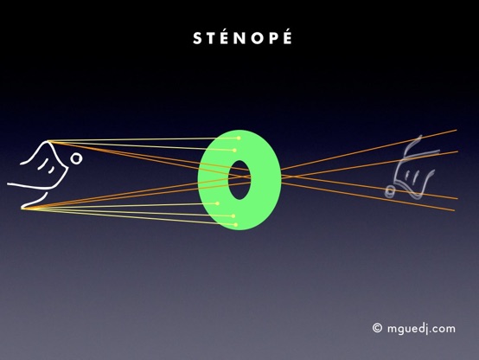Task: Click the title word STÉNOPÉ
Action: pos(243,37)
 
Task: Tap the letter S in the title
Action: pos(198,39)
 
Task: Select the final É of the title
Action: pos(287,37)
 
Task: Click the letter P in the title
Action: pos(274,39)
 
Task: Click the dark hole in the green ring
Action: pos(239,180)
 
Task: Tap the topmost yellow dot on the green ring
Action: pos(239,138)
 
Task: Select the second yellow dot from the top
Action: pos(234,151)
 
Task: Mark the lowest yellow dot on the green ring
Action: pos(235,225)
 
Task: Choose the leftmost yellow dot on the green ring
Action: pos(218,203)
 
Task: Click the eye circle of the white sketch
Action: pos(76,158)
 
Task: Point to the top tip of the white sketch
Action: pos(48,141)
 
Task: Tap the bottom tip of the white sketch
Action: pos(22,208)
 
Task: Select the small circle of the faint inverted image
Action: pos(389,191)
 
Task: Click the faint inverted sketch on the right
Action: pos(411,167)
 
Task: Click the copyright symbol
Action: pos(377,328)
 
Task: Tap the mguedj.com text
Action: pos(421,329)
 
